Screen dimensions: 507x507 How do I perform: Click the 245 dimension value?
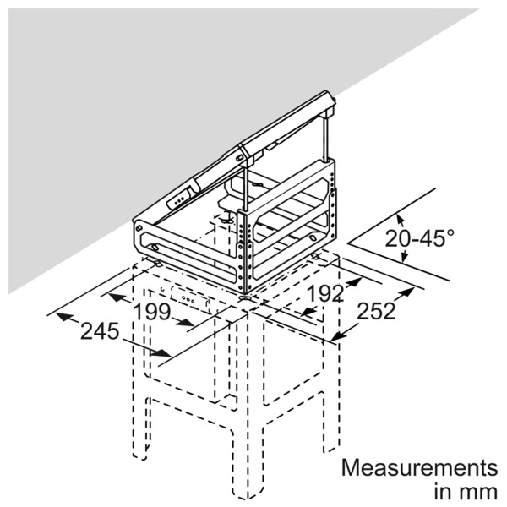pos(100,331)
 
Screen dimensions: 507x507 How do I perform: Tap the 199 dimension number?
pos(151,312)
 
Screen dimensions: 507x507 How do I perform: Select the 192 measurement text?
pos(325,293)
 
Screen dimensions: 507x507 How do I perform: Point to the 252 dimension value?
pos(376,311)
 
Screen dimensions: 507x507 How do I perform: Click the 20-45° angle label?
pos(419,237)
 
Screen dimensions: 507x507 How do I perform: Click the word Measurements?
pos(419,467)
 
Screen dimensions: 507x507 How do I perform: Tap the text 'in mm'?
pos(466,492)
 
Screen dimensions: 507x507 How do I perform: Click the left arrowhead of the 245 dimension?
pos(63,317)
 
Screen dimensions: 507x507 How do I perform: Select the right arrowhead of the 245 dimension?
pos(161,353)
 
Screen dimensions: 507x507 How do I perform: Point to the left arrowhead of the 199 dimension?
pos(117,297)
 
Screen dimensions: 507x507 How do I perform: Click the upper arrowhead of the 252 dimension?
pos(406,292)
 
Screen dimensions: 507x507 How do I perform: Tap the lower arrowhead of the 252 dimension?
pos(339,336)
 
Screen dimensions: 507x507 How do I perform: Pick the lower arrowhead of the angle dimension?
pos(403,256)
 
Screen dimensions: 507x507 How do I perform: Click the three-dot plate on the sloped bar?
pos(178,199)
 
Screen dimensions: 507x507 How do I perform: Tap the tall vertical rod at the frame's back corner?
pos(326,139)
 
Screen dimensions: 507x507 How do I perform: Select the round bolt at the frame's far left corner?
pos(139,228)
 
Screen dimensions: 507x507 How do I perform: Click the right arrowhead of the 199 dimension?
pos(185,322)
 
